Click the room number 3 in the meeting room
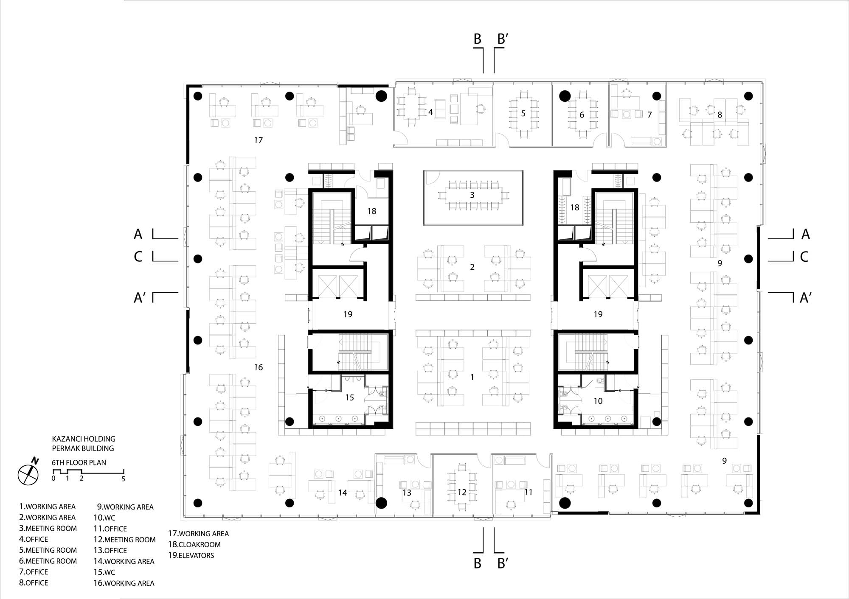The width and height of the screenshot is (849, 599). click(x=472, y=195)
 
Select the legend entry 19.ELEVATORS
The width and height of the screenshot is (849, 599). click(x=191, y=555)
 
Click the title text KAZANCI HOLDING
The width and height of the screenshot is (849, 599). click(x=84, y=439)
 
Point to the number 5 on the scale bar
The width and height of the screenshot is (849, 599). click(x=124, y=479)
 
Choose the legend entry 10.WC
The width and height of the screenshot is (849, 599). click(x=104, y=518)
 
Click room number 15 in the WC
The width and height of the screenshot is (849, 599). click(x=349, y=397)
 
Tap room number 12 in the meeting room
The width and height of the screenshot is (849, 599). click(x=462, y=492)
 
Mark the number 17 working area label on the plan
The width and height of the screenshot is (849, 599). click(x=259, y=140)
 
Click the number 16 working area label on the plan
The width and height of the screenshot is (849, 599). click(x=259, y=367)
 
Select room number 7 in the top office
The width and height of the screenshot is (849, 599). click(x=649, y=115)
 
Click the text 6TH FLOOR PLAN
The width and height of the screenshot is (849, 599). click(x=79, y=462)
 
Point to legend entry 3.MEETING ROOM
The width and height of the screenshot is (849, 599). click(x=48, y=529)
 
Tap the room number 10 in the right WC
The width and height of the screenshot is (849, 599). click(x=598, y=401)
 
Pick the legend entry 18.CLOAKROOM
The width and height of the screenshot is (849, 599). click(x=194, y=544)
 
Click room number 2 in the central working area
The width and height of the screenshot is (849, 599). click(x=472, y=267)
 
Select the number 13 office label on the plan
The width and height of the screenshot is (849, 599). click(x=407, y=493)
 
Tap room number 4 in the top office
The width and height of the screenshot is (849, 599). click(x=430, y=112)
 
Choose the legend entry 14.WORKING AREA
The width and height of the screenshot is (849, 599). click(x=124, y=561)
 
